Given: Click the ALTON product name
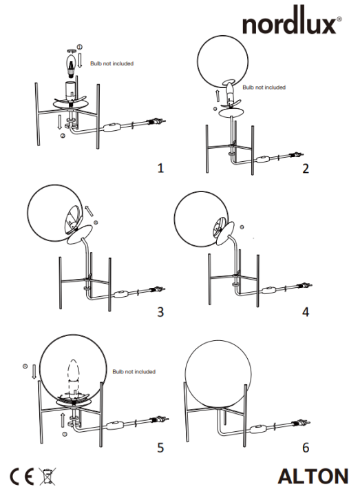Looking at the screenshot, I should click(x=313, y=475).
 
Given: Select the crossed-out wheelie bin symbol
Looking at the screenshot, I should click(x=48, y=475).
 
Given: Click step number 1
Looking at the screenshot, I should click(x=160, y=167).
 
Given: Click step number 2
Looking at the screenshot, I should click(x=305, y=167).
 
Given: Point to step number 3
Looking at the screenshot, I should click(x=160, y=312).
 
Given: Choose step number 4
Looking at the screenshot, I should click(x=305, y=312).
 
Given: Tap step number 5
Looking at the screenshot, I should click(x=160, y=447).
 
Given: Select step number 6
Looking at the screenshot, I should click(x=305, y=447).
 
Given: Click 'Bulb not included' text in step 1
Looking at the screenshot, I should click(x=112, y=63).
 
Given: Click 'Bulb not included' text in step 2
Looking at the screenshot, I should click(x=264, y=87).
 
